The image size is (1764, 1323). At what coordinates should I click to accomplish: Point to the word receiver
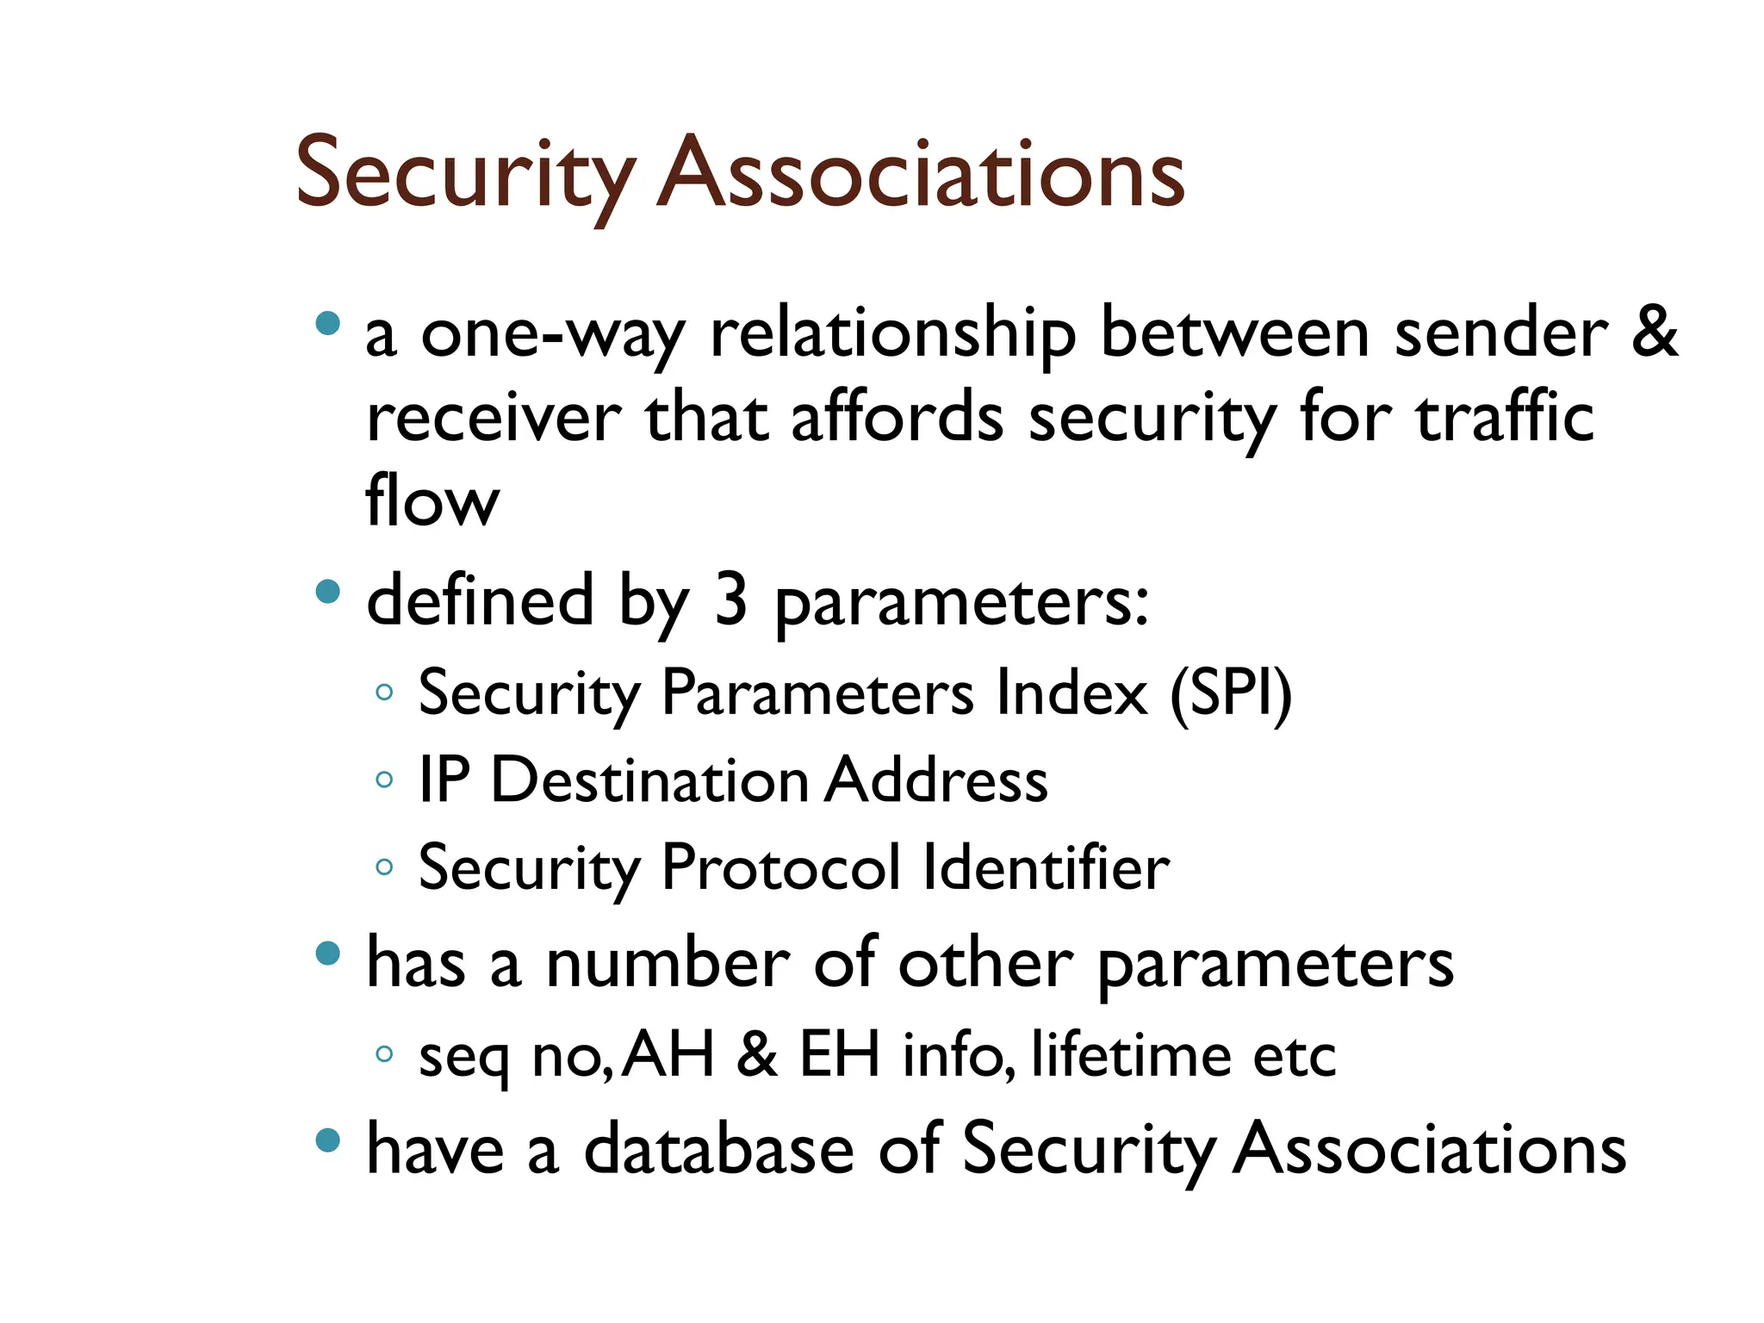pos(494,419)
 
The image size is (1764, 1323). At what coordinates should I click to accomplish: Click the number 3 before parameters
pos(730,600)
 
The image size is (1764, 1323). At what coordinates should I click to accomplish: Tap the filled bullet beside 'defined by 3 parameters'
pos(328,592)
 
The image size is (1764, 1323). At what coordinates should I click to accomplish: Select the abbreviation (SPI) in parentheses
pos(1231,694)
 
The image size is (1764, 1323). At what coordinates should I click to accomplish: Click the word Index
pos(1071,693)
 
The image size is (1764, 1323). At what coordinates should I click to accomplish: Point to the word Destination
pos(649,780)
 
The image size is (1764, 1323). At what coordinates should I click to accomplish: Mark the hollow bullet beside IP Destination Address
pos(385,780)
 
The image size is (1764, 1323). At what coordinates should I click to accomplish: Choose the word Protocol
pos(780,867)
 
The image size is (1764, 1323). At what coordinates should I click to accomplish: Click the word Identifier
pos(1046,867)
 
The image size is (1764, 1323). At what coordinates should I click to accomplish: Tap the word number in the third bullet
pos(668,964)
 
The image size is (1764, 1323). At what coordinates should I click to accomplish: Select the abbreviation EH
pos(840,1054)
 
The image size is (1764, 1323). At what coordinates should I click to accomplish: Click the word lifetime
pos(1131,1054)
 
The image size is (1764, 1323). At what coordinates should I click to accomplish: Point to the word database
pos(718,1150)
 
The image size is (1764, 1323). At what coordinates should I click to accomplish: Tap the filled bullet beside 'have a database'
pos(328,1140)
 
